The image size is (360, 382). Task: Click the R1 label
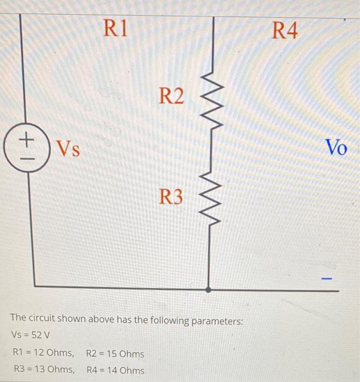click(x=116, y=28)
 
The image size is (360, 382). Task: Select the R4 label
click(x=285, y=31)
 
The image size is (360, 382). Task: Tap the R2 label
click(x=172, y=97)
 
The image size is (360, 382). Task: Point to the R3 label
click(x=171, y=196)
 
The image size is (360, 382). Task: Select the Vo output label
click(x=335, y=147)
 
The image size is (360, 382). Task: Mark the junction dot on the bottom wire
click(x=208, y=290)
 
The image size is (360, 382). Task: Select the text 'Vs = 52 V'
click(x=31, y=335)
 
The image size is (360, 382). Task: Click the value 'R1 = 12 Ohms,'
click(x=43, y=354)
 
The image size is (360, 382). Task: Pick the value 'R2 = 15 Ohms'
click(x=115, y=354)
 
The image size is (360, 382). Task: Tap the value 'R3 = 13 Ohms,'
click(x=43, y=370)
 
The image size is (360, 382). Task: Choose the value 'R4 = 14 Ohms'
click(x=116, y=371)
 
